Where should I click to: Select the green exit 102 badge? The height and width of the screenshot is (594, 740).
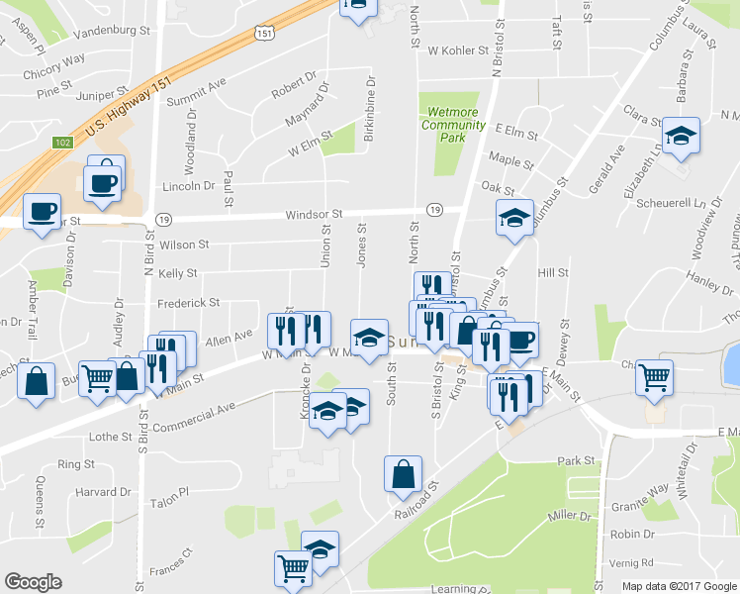tap(62, 143)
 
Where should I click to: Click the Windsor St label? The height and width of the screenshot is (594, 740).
tap(314, 214)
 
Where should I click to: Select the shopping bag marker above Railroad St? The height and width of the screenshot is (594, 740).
tap(404, 475)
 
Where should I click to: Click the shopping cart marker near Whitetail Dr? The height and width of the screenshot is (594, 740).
tap(655, 376)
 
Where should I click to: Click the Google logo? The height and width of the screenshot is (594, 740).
tap(33, 582)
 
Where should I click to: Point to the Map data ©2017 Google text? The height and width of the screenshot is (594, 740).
tap(679, 586)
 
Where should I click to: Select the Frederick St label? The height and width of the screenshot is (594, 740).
tap(188, 303)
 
